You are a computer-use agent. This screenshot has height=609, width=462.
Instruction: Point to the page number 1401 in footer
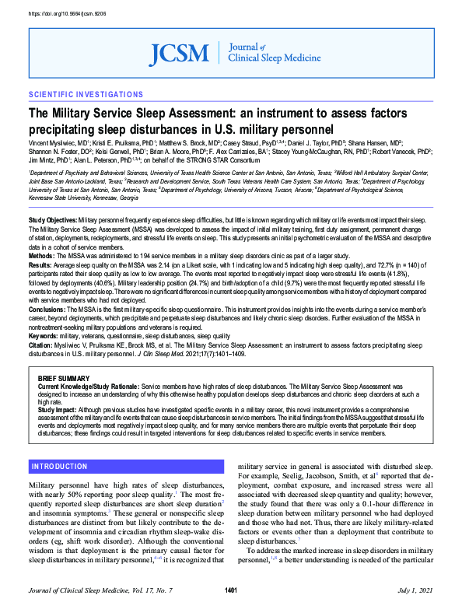pos(230,591)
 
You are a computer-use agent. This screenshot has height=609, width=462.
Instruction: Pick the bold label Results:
pos(41,264)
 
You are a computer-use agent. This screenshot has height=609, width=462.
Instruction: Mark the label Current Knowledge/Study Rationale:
pos(87,386)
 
